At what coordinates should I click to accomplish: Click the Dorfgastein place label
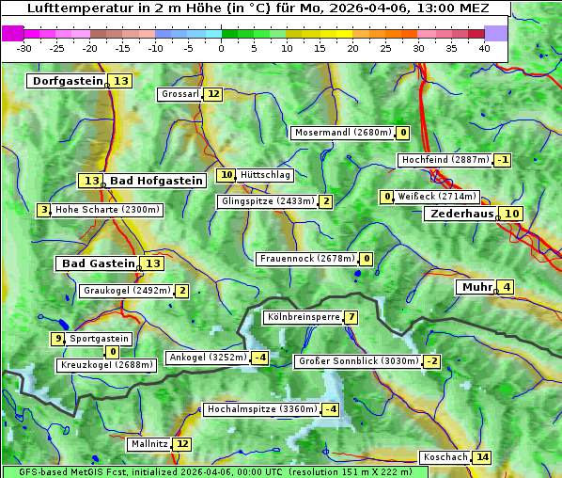click(x=67, y=81)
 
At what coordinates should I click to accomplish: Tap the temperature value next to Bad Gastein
click(x=152, y=263)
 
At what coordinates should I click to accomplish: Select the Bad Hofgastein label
click(x=155, y=180)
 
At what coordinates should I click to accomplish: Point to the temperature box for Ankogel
click(x=259, y=358)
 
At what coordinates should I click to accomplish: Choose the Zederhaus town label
click(x=461, y=214)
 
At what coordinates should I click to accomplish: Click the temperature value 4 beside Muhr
click(x=507, y=287)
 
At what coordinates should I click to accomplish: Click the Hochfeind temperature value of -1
click(x=503, y=160)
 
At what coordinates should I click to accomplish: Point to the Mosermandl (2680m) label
click(x=342, y=133)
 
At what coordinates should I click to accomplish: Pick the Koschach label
click(x=445, y=457)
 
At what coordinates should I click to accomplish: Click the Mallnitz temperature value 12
click(x=182, y=443)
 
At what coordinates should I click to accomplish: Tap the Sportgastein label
click(x=100, y=338)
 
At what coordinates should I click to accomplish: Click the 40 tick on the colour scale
click(x=484, y=47)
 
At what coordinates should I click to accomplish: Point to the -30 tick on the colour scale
click(x=24, y=47)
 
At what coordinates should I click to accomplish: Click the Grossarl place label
click(x=180, y=94)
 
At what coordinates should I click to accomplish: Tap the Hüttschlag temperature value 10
click(x=226, y=175)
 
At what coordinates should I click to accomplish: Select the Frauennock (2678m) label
click(x=306, y=259)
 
